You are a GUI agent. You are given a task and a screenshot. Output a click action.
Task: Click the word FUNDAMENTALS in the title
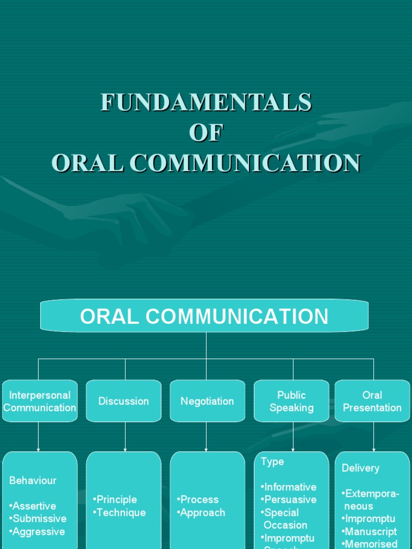(x=206, y=102)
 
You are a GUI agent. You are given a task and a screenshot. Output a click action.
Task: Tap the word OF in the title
(x=206, y=132)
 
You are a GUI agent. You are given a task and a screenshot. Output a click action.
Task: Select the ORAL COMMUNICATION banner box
(x=204, y=316)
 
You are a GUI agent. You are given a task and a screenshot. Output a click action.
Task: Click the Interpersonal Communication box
(x=40, y=401)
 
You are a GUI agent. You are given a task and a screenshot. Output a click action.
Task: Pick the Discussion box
(x=123, y=401)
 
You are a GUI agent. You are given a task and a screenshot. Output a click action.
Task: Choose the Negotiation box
(x=207, y=401)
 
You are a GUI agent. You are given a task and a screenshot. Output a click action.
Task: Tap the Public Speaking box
(x=291, y=401)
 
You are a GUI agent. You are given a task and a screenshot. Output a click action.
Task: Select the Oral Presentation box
(x=372, y=401)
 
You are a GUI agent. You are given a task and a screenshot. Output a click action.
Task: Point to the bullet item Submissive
(x=39, y=518)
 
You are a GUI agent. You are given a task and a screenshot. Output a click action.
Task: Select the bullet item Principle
(x=116, y=499)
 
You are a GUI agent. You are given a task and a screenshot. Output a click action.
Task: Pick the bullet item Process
(x=198, y=499)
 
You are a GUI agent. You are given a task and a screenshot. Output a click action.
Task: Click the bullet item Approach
(x=202, y=513)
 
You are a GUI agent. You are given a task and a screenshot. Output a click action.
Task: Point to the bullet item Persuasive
(x=290, y=499)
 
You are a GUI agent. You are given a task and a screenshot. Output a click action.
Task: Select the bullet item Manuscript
(x=370, y=531)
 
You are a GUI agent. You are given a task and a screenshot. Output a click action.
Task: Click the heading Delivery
(x=360, y=468)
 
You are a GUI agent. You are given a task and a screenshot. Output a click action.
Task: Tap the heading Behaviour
(x=33, y=480)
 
